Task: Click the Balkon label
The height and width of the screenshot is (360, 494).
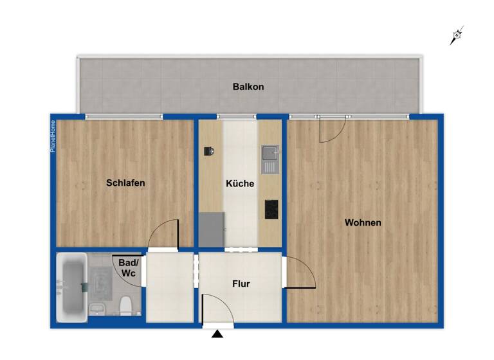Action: coord(248,87)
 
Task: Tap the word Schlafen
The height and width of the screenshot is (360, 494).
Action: coord(125,183)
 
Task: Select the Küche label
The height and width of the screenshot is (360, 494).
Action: coord(240,184)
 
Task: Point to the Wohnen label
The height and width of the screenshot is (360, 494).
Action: coord(363,223)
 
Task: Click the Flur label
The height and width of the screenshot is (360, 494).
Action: coord(241,283)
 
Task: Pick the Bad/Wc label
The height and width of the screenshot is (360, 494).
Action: coord(128,267)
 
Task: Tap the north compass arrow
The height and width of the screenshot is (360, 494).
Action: coord(457,36)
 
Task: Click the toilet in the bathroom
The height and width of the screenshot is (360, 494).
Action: coord(126,305)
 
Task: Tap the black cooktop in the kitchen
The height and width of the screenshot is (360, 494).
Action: coord(271,209)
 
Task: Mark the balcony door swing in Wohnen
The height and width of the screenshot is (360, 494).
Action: coord(333,129)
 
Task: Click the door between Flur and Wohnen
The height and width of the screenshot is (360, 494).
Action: coord(299,273)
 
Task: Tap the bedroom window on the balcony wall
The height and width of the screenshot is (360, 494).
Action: coord(123,116)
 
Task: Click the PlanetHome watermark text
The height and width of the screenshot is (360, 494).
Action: coord(53,136)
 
